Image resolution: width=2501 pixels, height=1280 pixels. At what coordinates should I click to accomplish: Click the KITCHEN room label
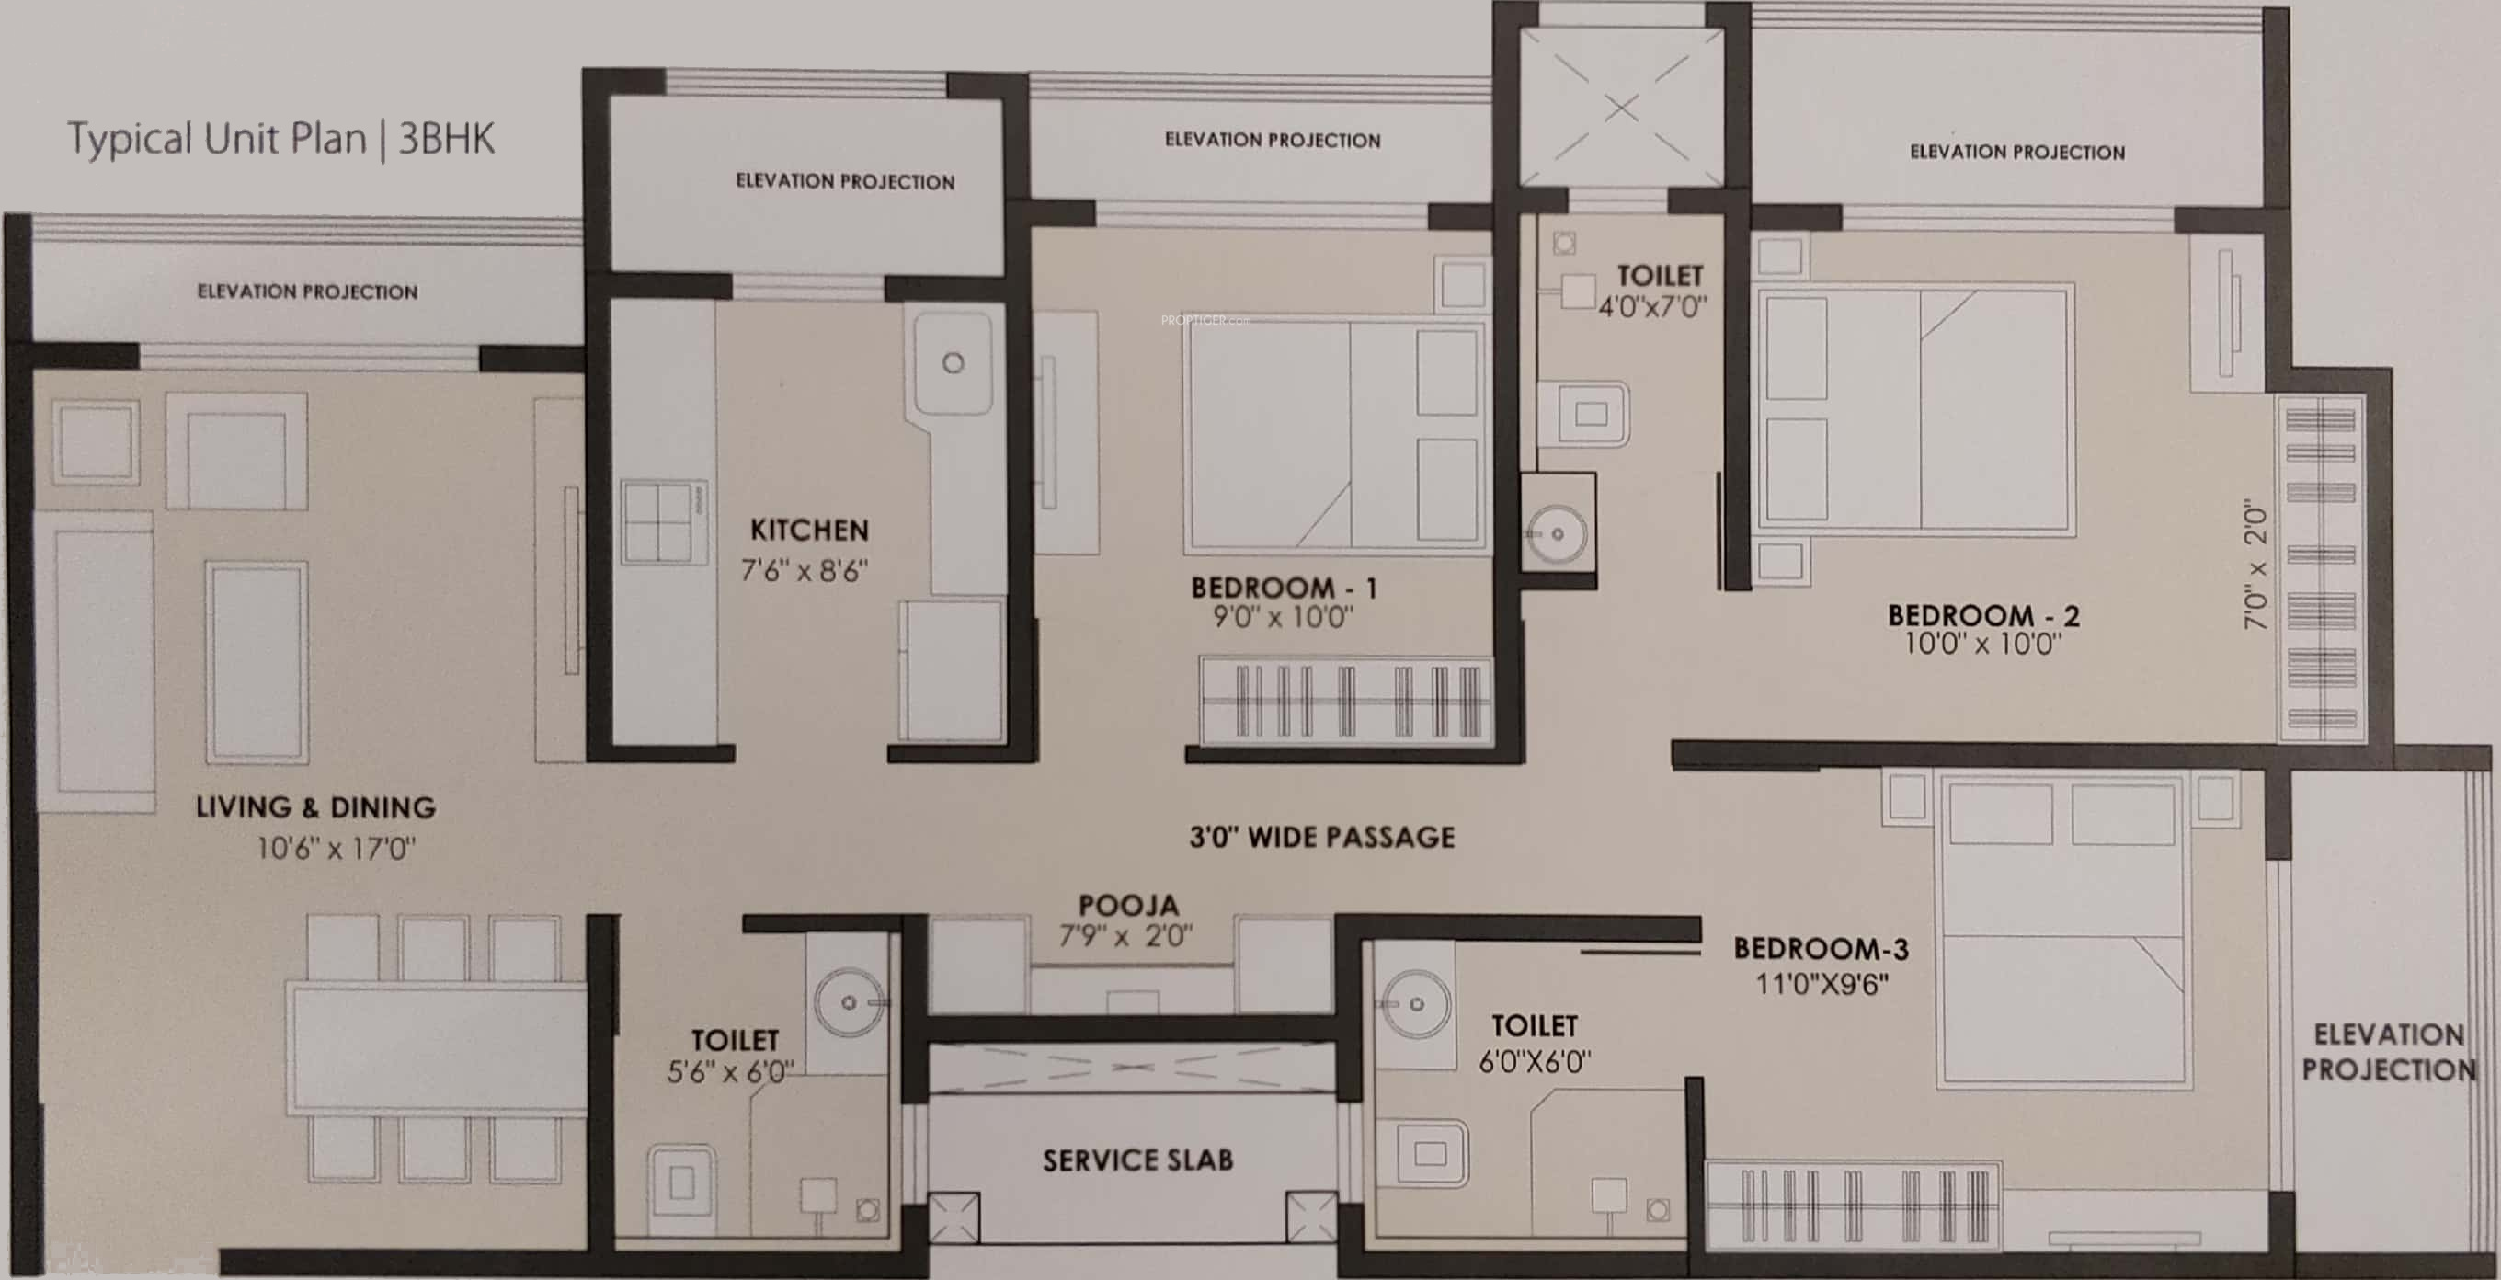click(x=809, y=531)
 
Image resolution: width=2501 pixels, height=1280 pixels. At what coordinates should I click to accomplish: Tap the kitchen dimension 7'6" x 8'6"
click(x=804, y=570)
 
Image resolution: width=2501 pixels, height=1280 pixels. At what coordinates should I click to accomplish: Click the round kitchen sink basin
click(x=954, y=363)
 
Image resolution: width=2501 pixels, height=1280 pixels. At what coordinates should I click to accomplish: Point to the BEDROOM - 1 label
click(x=1284, y=588)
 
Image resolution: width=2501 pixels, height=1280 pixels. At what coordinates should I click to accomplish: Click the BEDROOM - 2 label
click(x=1982, y=615)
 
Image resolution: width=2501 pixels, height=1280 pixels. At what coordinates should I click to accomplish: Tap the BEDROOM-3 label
click(x=1821, y=948)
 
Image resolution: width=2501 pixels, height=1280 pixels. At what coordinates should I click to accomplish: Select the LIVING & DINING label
click(x=315, y=807)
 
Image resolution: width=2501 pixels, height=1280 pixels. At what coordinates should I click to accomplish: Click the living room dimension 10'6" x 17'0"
click(x=335, y=849)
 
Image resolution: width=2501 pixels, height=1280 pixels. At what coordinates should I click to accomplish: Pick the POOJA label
click(x=1128, y=905)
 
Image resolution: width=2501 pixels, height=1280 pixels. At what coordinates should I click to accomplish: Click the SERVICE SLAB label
click(x=1136, y=1160)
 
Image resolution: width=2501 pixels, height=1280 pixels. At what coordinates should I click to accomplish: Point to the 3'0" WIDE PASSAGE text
click(x=1321, y=837)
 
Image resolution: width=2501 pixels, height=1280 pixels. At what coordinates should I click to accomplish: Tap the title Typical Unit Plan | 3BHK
click(x=280, y=139)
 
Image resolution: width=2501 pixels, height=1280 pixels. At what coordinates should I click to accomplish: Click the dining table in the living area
click(x=436, y=1047)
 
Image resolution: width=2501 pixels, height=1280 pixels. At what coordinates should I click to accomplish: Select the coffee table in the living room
click(x=257, y=662)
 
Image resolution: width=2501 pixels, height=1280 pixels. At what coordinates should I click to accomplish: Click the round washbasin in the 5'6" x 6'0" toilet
click(x=849, y=1002)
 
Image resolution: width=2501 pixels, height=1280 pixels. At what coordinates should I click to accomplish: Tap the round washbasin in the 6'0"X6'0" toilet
click(x=1417, y=1004)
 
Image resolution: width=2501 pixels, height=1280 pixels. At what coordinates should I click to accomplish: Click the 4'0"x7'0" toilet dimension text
click(x=1651, y=307)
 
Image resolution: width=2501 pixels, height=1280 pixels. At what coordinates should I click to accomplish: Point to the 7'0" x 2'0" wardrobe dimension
click(x=2256, y=565)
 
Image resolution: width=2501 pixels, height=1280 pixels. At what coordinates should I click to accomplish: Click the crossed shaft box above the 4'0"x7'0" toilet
click(x=1620, y=107)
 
